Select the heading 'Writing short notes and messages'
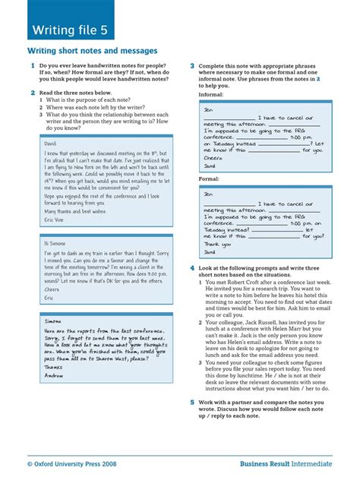tap(93, 51)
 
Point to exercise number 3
tap(193, 67)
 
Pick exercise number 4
tap(193, 268)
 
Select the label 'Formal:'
tap(209, 179)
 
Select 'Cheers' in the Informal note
tap(214, 158)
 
